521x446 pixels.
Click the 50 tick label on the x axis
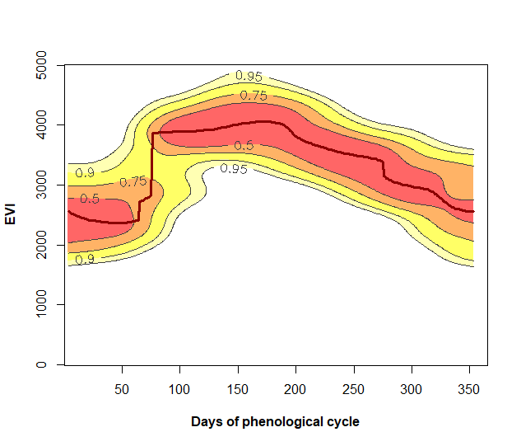coord(123,388)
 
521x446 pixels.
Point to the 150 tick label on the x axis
coord(238,388)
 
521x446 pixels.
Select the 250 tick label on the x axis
coord(354,388)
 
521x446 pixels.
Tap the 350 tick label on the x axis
coord(469,388)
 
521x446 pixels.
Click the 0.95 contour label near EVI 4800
coord(249,76)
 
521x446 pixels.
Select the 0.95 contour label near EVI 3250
coord(234,169)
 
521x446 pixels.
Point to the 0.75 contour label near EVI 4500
coord(254,96)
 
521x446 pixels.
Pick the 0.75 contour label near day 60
coord(133,181)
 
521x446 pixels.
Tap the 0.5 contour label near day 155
coord(244,146)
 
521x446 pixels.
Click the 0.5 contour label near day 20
coord(89,199)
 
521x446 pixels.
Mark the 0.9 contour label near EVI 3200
coord(85,173)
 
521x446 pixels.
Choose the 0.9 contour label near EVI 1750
coord(85,259)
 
